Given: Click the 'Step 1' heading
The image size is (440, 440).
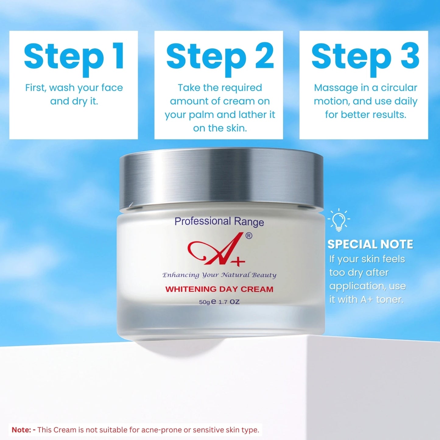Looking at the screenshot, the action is click(x=74, y=59).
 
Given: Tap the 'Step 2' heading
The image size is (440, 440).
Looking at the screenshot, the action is click(x=220, y=59).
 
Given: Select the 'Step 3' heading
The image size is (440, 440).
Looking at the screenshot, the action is click(x=365, y=59).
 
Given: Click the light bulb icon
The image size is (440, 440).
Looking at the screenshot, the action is click(x=339, y=220).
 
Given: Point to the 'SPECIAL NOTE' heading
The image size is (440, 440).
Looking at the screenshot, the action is click(x=370, y=244).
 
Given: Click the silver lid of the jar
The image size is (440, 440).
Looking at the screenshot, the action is click(x=221, y=179).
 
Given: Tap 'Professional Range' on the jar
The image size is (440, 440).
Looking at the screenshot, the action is click(x=219, y=221).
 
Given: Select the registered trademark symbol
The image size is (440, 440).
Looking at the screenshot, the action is click(x=249, y=236).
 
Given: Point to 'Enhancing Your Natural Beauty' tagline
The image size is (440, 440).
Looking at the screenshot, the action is click(x=219, y=275).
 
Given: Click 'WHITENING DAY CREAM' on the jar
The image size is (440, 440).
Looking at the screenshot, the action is click(x=219, y=289).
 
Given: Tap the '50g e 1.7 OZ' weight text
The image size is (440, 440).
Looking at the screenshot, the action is click(x=219, y=302).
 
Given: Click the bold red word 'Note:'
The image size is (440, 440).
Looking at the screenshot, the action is click(x=22, y=430).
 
